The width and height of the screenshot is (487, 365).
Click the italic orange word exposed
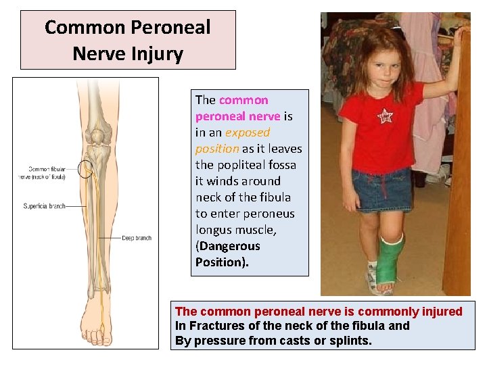coord(248,132)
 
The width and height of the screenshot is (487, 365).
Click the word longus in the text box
coord(214,230)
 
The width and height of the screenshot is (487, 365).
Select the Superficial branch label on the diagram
coord(44,206)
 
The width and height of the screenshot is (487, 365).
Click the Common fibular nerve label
coord(46,172)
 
